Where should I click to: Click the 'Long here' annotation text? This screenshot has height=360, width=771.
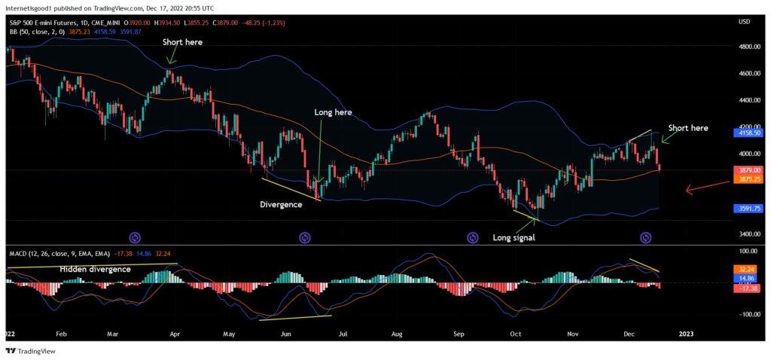[333, 112]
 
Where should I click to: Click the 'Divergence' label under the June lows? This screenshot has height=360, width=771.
[281, 204]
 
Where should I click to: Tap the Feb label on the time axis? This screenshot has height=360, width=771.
[62, 331]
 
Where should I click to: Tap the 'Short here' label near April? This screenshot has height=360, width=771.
[183, 42]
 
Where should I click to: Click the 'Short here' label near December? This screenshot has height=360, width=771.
[688, 128]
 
